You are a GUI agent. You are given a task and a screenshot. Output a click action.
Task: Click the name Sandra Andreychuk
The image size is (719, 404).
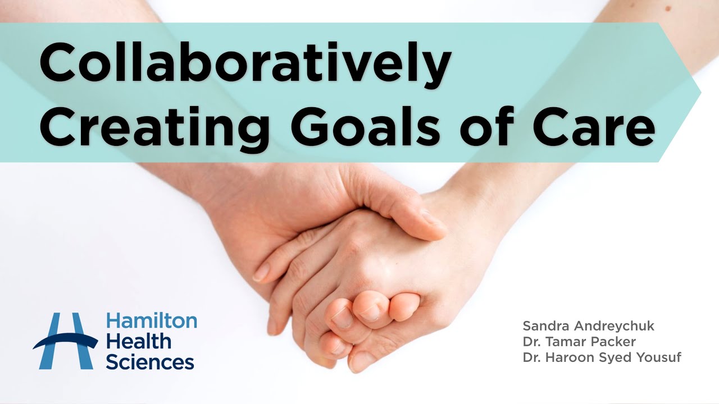tap(588, 326)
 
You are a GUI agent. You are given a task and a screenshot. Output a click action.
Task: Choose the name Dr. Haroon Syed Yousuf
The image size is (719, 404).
tap(602, 357)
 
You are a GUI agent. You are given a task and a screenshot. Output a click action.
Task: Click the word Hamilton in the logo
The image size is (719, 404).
tap(152, 321)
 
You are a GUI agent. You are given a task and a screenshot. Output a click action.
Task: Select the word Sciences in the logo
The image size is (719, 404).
tap(149, 361)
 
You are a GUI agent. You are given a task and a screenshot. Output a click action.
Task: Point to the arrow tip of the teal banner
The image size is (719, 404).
tap(699, 93)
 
